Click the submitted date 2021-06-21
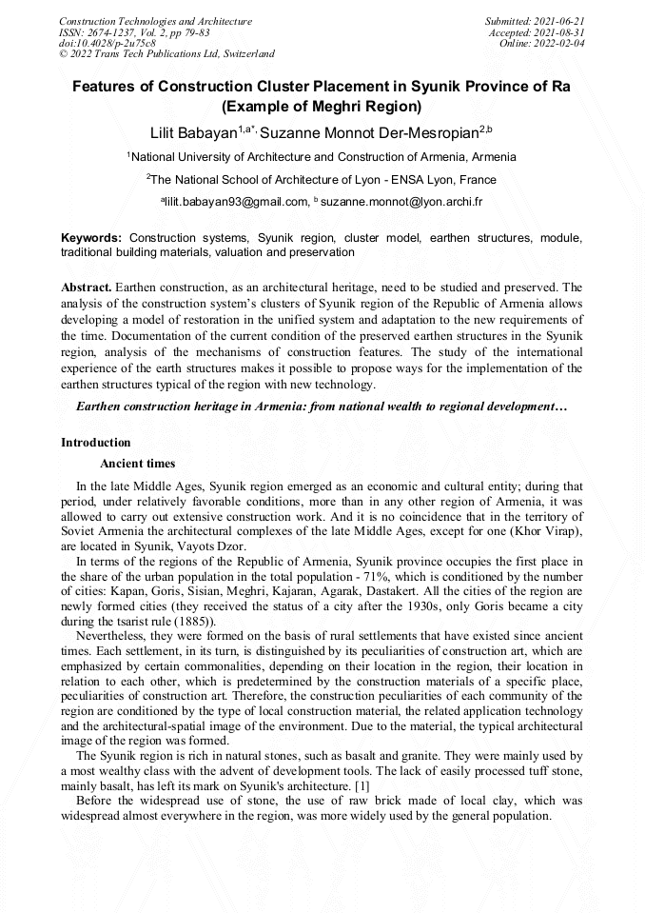(x=560, y=21)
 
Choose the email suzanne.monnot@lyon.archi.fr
(x=402, y=202)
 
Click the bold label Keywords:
(x=91, y=237)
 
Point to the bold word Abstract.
(x=86, y=286)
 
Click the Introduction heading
(x=96, y=443)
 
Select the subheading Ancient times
(x=137, y=464)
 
